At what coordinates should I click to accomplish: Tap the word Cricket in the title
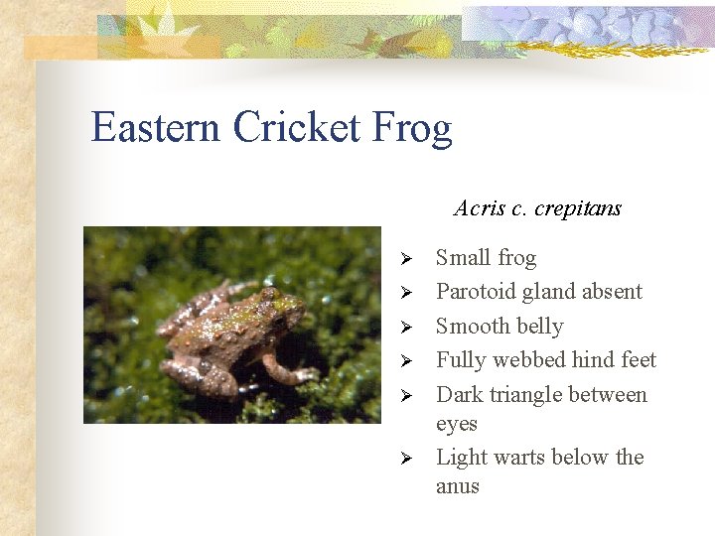click(297, 128)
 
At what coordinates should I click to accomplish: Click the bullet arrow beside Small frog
click(405, 259)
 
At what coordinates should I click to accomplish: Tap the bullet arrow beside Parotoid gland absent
click(405, 293)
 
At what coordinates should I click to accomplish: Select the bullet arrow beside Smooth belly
click(405, 327)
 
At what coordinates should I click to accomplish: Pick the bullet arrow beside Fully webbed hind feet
click(405, 360)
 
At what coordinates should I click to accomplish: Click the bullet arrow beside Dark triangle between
click(405, 395)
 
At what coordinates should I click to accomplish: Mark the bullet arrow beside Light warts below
click(405, 458)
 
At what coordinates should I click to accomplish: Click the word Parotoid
click(474, 292)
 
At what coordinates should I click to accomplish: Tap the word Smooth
click(472, 327)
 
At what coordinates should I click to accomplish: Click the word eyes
click(457, 425)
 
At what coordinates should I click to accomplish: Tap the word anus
click(458, 487)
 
